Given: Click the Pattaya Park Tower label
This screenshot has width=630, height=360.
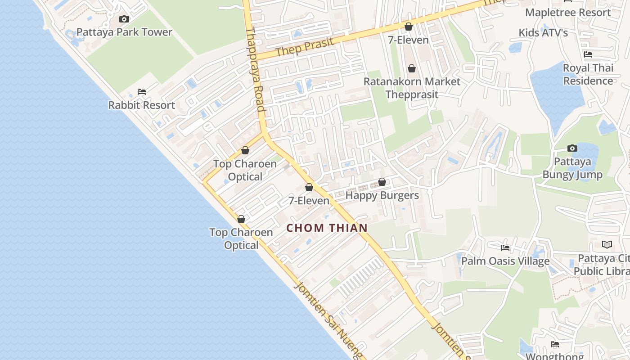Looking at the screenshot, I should tap(124, 32).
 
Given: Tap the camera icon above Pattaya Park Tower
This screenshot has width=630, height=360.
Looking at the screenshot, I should tap(124, 19).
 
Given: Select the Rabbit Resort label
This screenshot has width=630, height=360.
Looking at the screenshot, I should tap(141, 105).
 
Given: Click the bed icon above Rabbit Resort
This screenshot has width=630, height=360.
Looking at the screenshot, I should tap(141, 92).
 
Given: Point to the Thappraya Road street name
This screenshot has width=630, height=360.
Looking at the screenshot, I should tap(255, 70).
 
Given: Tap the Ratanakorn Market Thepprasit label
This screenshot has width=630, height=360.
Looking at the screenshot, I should tap(412, 88).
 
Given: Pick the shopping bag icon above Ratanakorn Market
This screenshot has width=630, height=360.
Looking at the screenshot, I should tap(411, 68).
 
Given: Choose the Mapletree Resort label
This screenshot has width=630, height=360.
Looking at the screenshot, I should tap(568, 12).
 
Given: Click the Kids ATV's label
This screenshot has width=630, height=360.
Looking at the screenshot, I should tap(543, 32).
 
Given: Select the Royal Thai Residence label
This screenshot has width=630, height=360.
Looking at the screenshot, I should tap(588, 74).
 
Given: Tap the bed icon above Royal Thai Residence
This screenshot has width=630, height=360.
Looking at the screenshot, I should tap(588, 54).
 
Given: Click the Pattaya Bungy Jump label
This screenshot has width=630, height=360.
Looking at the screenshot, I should tap(572, 168).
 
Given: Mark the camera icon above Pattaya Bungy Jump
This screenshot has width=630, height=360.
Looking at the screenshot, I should tap(572, 148).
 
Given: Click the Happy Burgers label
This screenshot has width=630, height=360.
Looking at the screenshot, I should tap(382, 195).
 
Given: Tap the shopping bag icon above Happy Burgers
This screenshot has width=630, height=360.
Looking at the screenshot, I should tap(382, 182).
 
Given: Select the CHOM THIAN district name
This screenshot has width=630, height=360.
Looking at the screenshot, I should tap(327, 228).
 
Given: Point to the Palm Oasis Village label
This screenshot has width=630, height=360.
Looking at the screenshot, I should tap(505, 261).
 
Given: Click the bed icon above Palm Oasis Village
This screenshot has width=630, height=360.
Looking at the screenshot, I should tap(505, 248).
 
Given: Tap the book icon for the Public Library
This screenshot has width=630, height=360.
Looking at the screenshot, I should tap(607, 245).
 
